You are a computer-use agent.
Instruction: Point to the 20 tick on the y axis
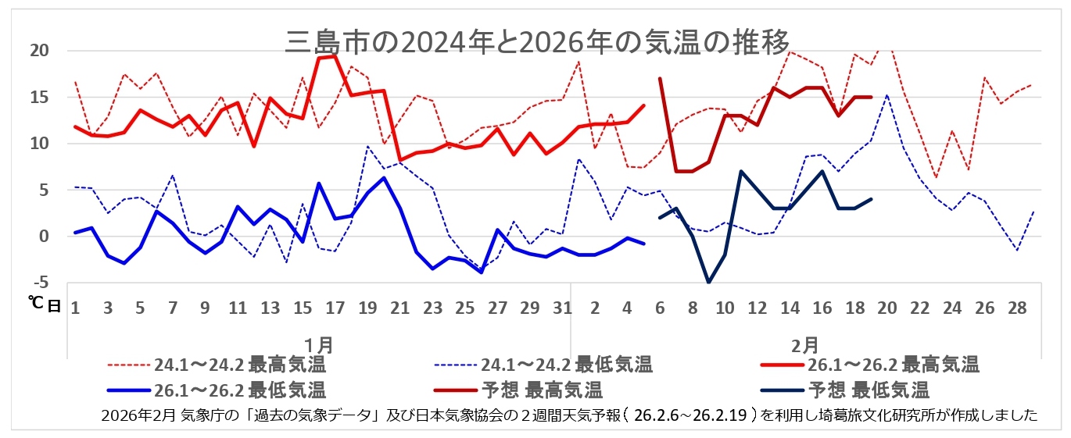click(x=39, y=51)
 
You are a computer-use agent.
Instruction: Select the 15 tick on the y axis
click(x=39, y=98)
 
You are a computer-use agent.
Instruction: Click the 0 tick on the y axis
click(x=44, y=236)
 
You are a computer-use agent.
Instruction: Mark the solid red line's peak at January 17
click(x=335, y=55)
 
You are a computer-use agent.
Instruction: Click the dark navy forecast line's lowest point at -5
click(x=708, y=282)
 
